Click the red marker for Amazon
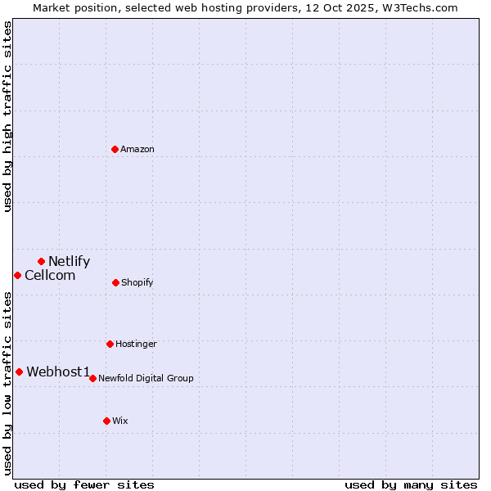click(115, 149)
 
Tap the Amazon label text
click(137, 149)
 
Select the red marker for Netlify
click(41, 261)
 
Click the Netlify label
click(69, 262)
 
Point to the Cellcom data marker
click(17, 275)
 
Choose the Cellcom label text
click(50, 276)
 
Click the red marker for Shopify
click(115, 282)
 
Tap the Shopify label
click(137, 283)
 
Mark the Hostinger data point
click(110, 344)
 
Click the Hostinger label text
click(136, 345)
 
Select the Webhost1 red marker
click(19, 372)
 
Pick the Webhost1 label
click(58, 372)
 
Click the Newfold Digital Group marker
click(92, 378)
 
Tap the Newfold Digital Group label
click(146, 379)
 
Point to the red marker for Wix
click(106, 421)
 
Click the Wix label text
click(120, 421)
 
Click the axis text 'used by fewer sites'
click(84, 484)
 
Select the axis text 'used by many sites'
click(411, 484)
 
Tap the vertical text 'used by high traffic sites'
click(7, 116)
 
